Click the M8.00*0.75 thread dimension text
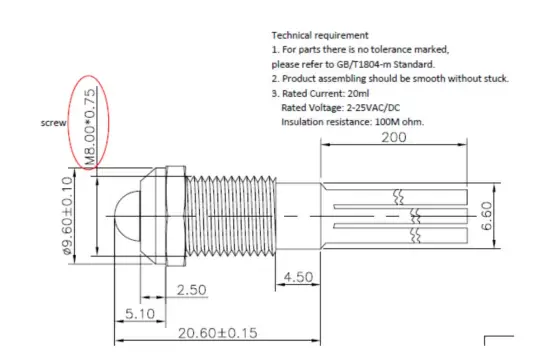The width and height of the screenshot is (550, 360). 90,127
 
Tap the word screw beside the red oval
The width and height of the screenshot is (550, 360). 53,123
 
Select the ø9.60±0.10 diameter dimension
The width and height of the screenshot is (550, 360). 67,215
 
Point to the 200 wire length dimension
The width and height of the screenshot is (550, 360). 394,137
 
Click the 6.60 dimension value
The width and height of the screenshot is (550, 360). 487,216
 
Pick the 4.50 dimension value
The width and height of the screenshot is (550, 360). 298,277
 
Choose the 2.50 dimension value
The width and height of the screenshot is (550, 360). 192,290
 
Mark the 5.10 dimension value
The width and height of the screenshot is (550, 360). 140,314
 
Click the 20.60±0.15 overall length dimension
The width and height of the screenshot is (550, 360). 217,333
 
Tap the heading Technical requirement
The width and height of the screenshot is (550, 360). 320,35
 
